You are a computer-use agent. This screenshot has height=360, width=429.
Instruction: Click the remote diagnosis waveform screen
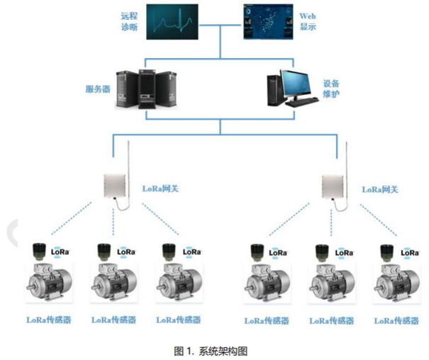[x=172, y=22]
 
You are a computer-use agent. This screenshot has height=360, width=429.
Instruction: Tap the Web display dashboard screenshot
[x=268, y=22]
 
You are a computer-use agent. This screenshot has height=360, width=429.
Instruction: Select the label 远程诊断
[x=129, y=21]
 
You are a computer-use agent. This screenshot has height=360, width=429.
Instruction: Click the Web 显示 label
[x=308, y=21]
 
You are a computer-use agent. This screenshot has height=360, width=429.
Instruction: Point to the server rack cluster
[x=146, y=89]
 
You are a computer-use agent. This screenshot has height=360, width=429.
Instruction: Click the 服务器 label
[x=98, y=89]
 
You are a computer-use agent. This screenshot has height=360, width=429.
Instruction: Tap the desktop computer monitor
[x=295, y=82]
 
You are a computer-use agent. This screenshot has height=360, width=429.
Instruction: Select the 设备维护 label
[x=331, y=89]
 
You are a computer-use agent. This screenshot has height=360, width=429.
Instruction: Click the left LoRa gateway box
[x=114, y=186]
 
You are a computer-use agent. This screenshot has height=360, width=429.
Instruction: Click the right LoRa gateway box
[x=333, y=186]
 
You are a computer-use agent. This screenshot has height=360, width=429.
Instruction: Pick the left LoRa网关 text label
[x=160, y=189]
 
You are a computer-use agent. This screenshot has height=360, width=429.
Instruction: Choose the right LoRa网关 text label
[x=380, y=189]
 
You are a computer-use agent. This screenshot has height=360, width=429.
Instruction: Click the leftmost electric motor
[x=49, y=282]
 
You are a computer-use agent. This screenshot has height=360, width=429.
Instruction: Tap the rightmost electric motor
[x=396, y=283]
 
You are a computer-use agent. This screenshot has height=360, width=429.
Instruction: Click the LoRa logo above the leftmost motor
[x=60, y=252]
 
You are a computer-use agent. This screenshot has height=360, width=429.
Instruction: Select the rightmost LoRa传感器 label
[x=396, y=320]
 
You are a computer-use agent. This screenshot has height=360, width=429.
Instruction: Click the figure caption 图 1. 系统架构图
[x=211, y=351]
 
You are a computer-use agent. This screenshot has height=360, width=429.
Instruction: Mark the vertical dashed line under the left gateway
[x=113, y=222]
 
